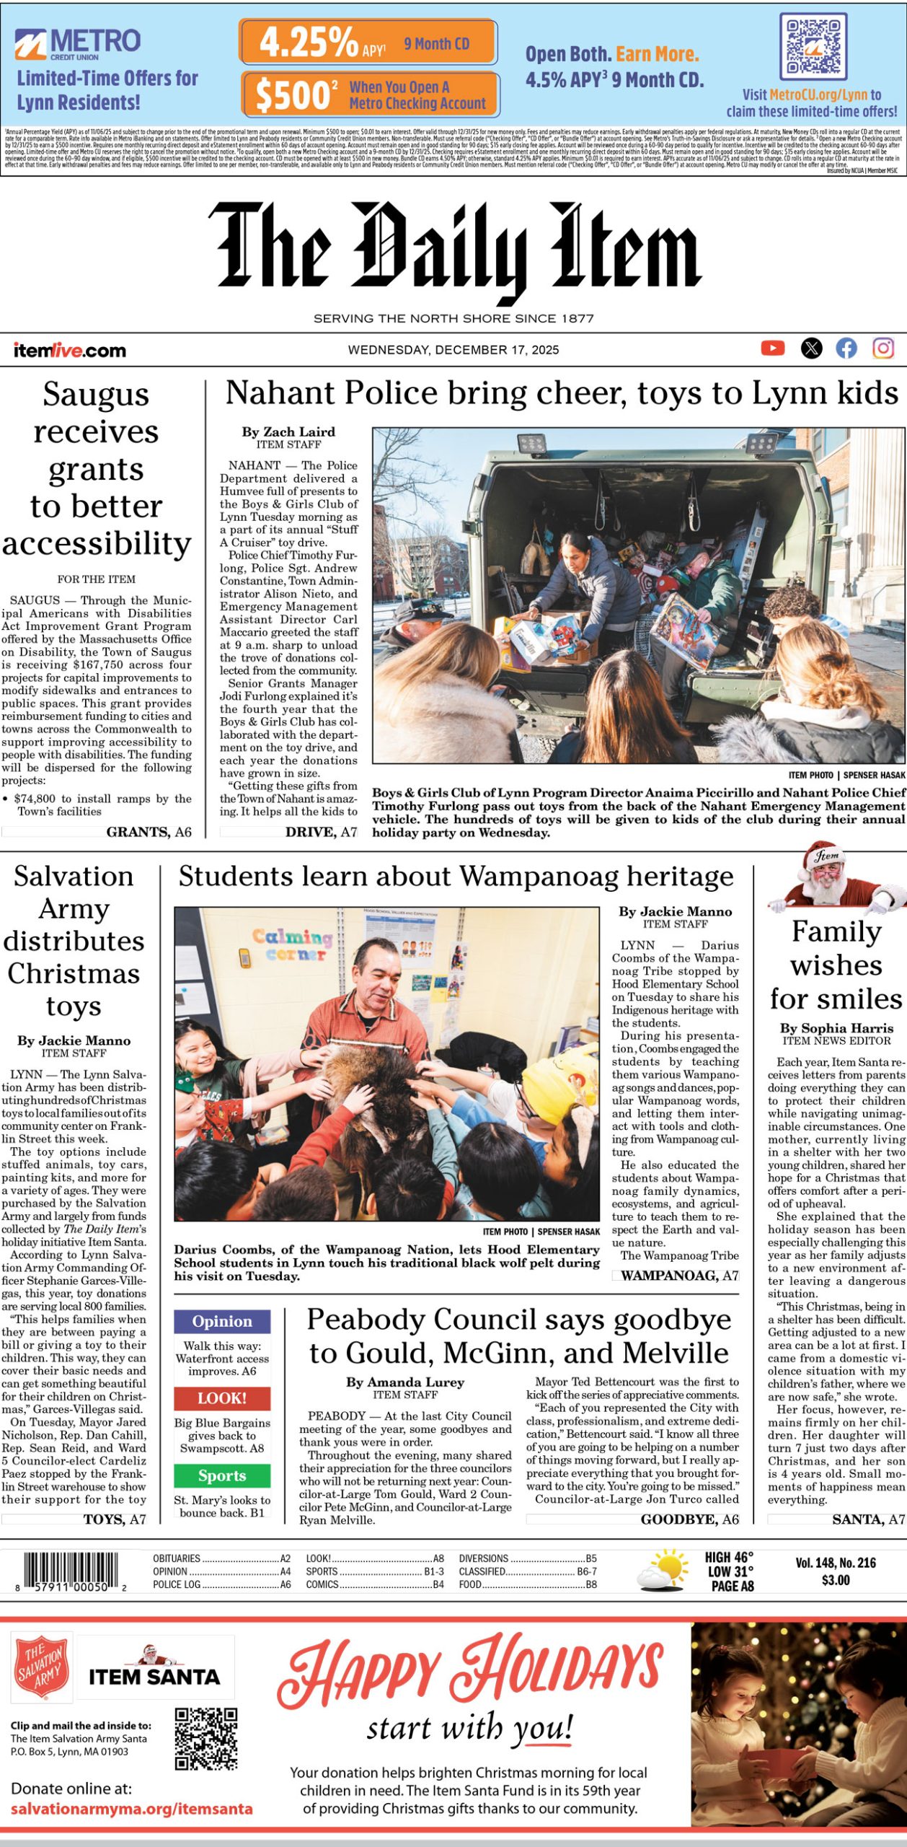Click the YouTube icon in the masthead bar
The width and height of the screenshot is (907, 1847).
click(772, 349)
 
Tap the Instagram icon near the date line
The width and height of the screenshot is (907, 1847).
click(883, 349)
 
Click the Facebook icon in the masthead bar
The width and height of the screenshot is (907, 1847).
click(846, 349)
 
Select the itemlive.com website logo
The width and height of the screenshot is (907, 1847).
click(70, 351)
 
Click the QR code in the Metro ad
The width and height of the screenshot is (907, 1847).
click(813, 48)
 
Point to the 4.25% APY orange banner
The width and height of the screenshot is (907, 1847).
click(368, 42)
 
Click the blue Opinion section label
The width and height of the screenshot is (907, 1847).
click(222, 1321)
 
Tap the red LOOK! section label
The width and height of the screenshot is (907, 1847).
click(222, 1398)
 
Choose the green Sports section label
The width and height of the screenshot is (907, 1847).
click(222, 1475)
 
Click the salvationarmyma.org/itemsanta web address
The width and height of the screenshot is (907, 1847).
click(132, 1808)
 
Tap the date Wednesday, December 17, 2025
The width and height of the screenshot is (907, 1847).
click(453, 350)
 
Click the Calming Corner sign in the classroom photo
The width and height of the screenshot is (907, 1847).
click(292, 944)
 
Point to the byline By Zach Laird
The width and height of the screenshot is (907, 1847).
click(288, 432)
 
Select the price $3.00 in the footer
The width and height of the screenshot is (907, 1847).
click(836, 1580)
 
